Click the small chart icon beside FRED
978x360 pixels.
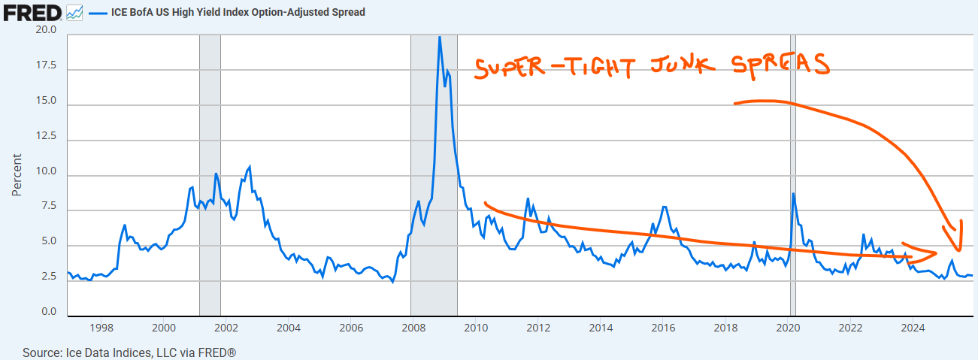coord(74,13)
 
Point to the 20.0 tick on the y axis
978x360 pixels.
coord(46,30)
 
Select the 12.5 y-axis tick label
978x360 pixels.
coord(46,136)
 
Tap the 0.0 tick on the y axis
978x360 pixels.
coord(48,312)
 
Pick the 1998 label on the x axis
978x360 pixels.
coord(101,328)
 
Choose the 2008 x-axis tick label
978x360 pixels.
coord(413,328)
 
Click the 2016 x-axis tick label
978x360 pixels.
coord(662,328)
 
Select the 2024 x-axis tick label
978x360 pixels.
coord(912,328)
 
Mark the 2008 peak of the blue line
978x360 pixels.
coord(440,37)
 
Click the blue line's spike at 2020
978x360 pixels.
coord(793,194)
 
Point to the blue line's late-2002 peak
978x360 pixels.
coord(249,166)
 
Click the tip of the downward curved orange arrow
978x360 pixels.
coord(958,250)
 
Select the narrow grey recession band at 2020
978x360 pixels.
coord(792,173)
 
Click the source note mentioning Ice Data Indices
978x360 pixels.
coord(129,352)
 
